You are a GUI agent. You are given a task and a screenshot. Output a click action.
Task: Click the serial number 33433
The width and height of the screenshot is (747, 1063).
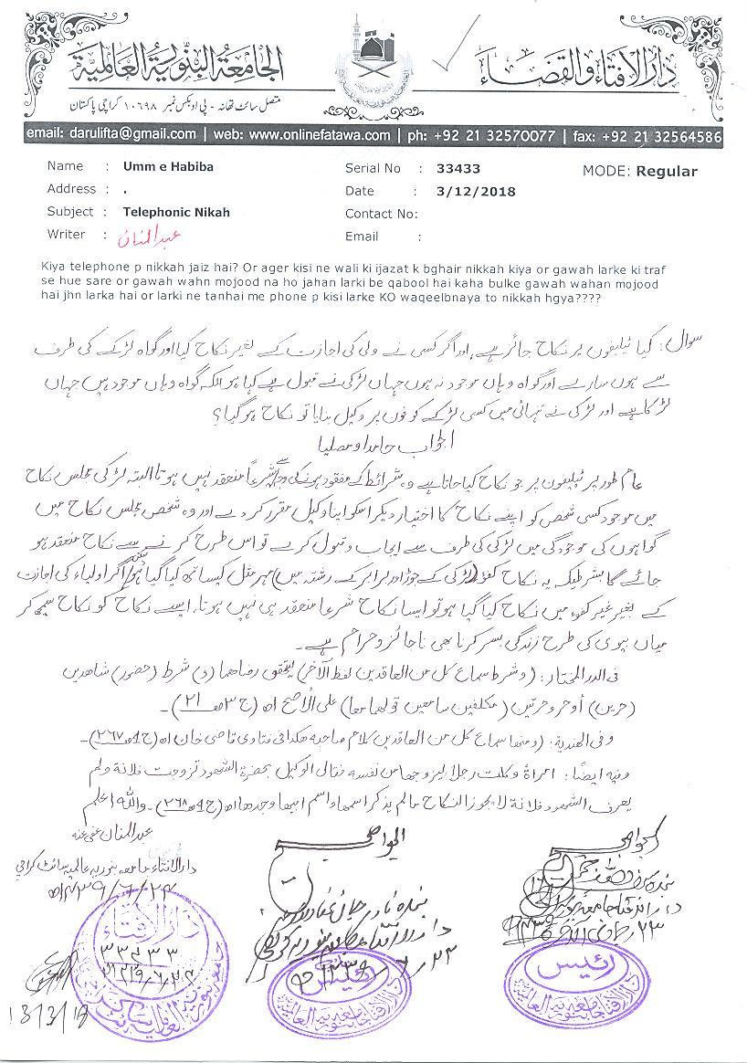(x=458, y=169)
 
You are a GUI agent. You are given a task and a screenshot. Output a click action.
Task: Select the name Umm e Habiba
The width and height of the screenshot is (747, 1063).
(x=162, y=167)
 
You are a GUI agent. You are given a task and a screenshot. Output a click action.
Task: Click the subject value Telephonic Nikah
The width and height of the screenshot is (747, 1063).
(x=176, y=212)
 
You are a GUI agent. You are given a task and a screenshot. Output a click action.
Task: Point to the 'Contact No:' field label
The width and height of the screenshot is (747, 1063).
(x=381, y=214)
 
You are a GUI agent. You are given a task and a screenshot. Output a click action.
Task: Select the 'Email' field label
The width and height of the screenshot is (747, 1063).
(x=362, y=236)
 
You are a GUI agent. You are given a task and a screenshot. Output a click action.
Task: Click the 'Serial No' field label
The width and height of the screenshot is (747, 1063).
(x=373, y=169)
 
